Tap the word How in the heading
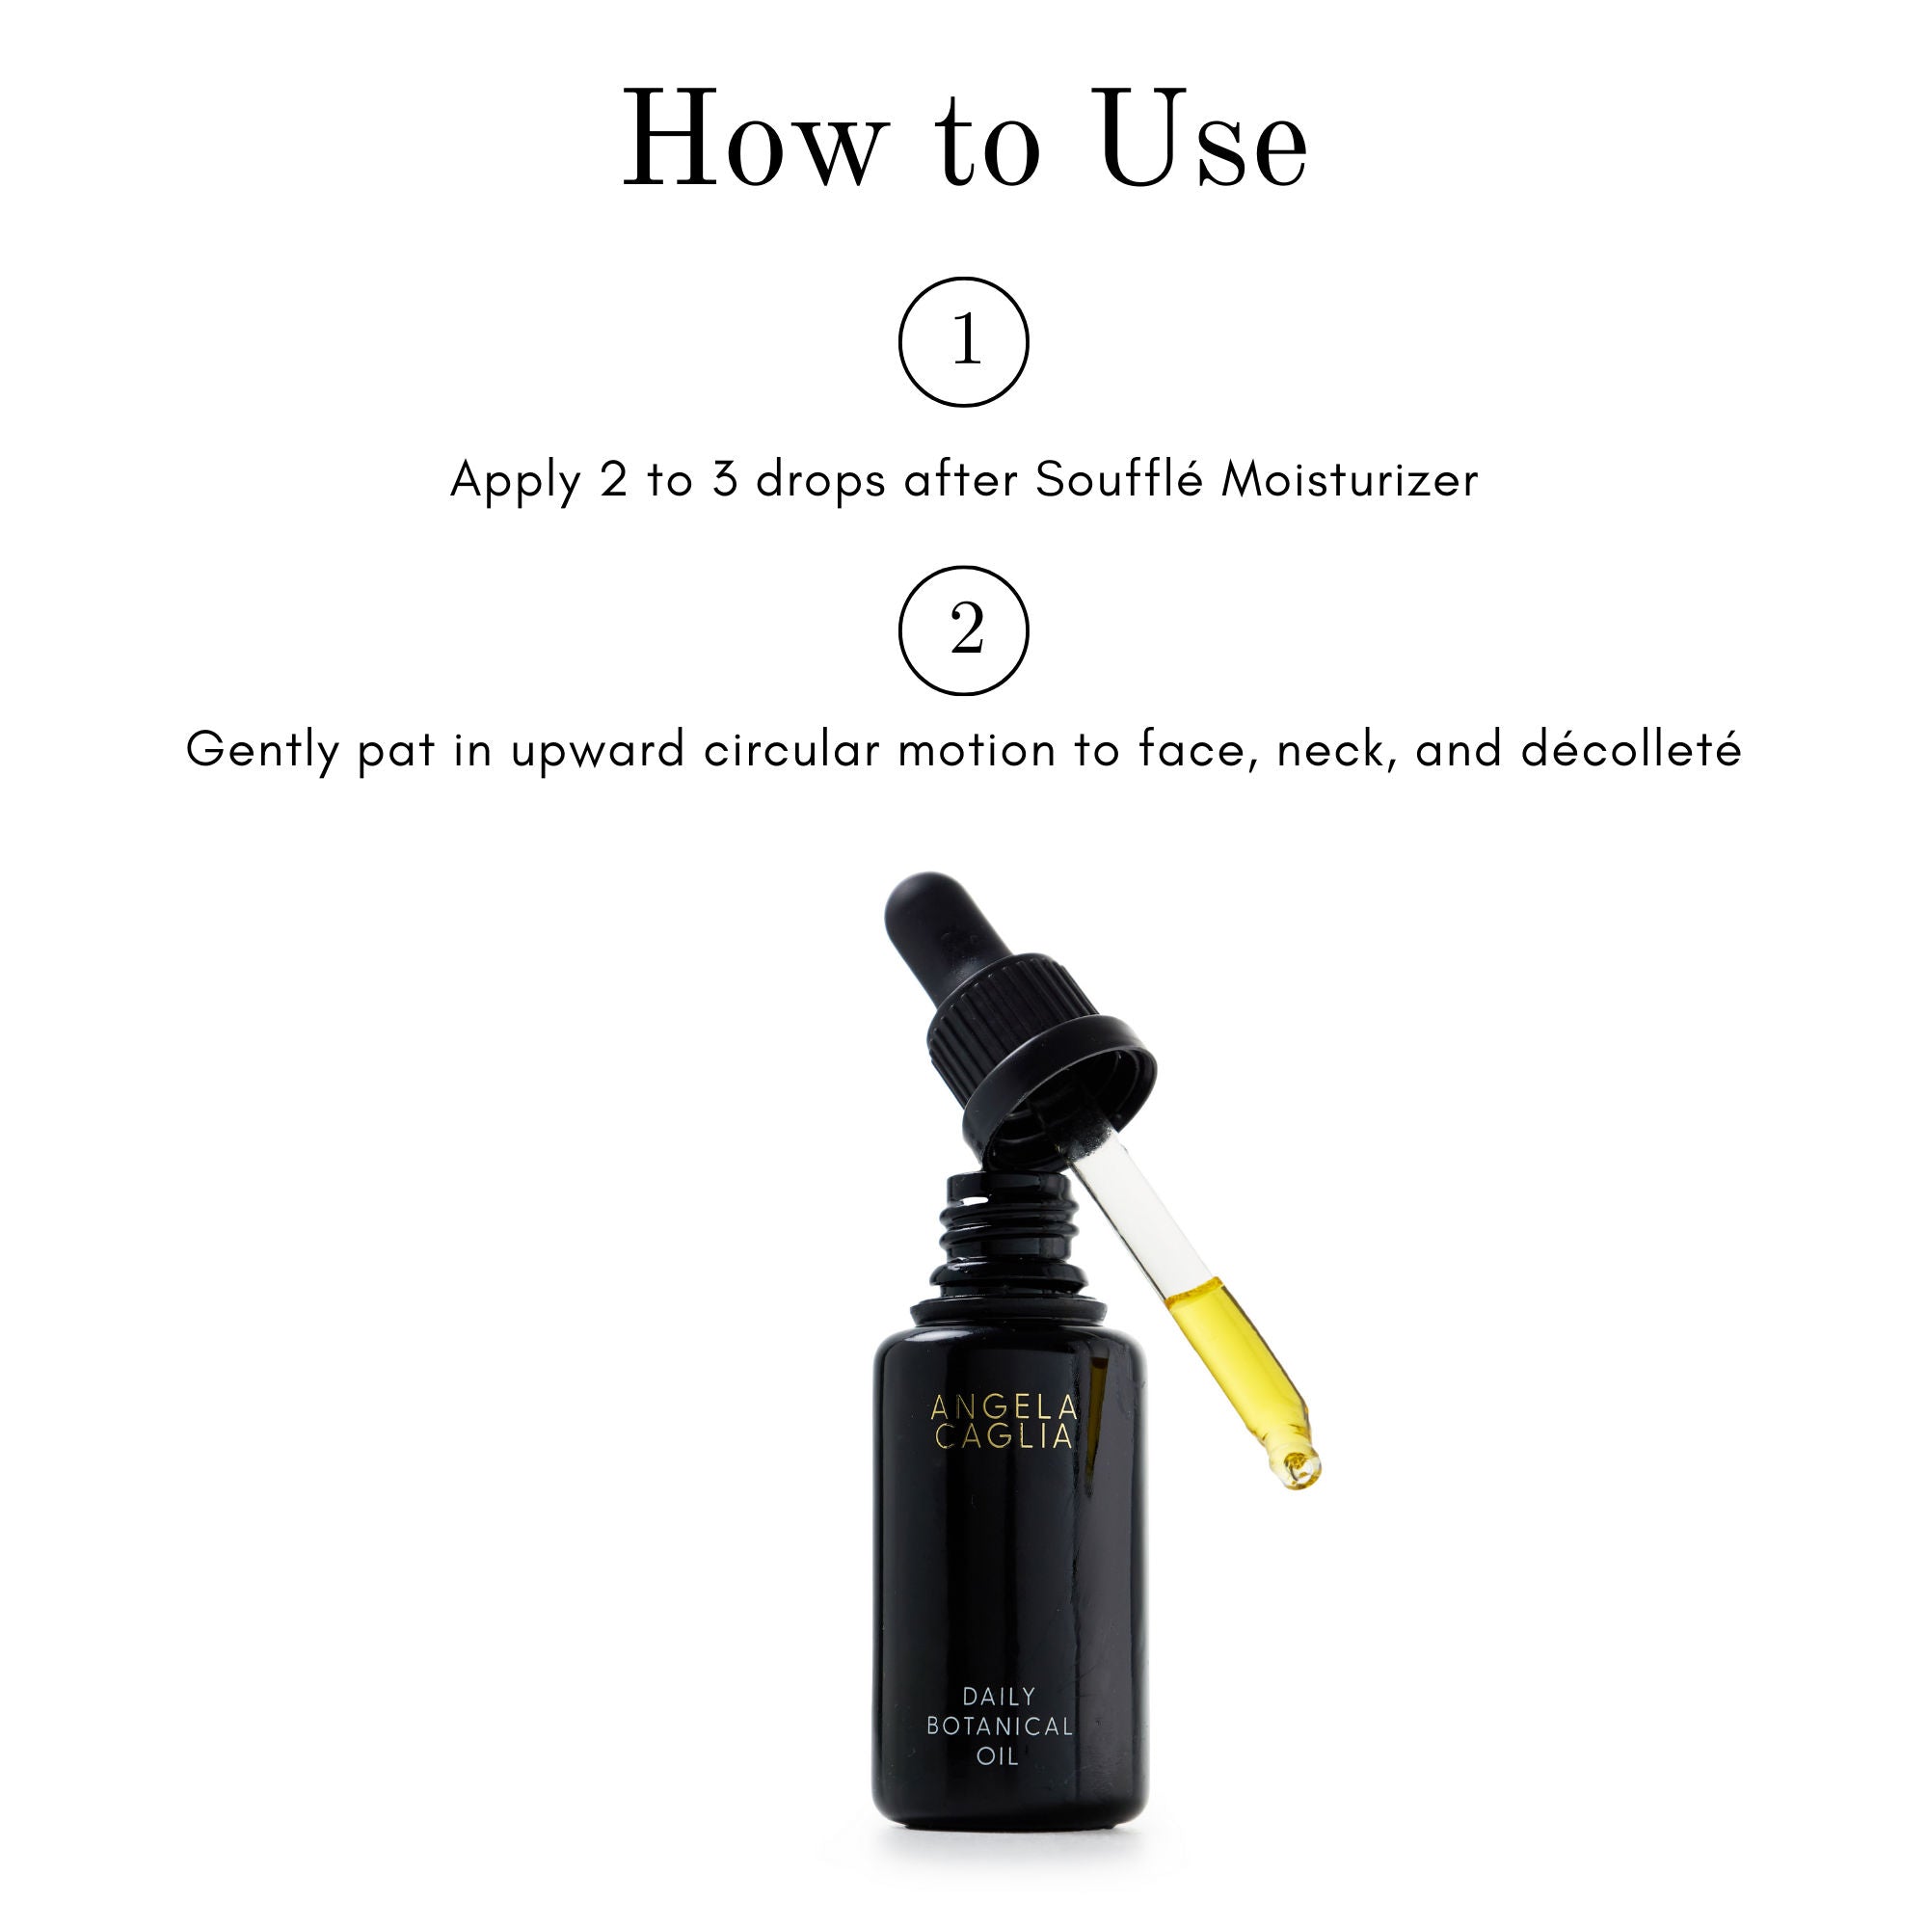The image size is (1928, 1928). click(x=755, y=140)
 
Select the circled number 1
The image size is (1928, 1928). click(x=964, y=341)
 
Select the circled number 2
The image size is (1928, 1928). click(x=964, y=629)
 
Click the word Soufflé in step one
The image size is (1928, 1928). click(x=1118, y=479)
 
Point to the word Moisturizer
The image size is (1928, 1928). click(x=1350, y=479)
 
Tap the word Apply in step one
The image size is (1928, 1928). click(x=515, y=481)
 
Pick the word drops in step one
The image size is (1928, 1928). click(x=820, y=481)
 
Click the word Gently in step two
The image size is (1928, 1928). click(x=261, y=750)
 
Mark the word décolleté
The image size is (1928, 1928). click(x=1631, y=750)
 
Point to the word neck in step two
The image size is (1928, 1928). click(x=1337, y=750)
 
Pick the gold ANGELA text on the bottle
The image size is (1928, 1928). click(x=1004, y=1407)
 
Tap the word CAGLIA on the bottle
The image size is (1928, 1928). click(x=1004, y=1436)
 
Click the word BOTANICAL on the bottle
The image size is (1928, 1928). click(x=999, y=1726)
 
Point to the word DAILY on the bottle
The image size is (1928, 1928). click(x=999, y=1697)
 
